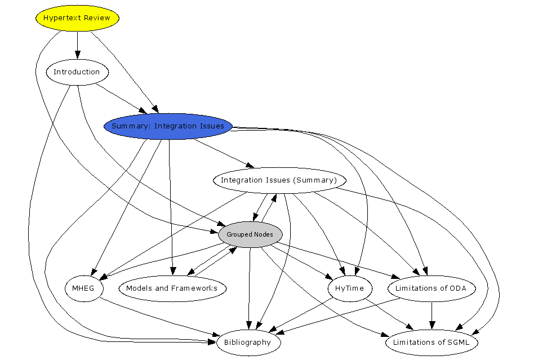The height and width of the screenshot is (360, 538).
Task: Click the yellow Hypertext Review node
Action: (x=77, y=18)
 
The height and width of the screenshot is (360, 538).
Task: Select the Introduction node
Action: (x=77, y=72)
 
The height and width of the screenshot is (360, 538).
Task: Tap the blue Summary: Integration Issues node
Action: (x=168, y=126)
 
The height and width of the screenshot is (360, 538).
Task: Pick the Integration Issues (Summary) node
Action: (x=278, y=180)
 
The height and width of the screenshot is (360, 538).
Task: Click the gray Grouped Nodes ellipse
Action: (x=250, y=234)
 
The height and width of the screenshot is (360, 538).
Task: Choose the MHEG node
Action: (x=84, y=288)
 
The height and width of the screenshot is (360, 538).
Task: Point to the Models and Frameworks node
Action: (x=172, y=288)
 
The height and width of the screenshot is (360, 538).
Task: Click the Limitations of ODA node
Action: (x=432, y=288)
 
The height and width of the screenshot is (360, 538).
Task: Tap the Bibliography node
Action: (x=247, y=343)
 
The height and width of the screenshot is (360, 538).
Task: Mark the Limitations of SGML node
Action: (x=432, y=343)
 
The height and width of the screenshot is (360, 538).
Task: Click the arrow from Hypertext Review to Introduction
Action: (x=78, y=45)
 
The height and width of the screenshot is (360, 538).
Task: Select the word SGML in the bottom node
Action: (x=464, y=343)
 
